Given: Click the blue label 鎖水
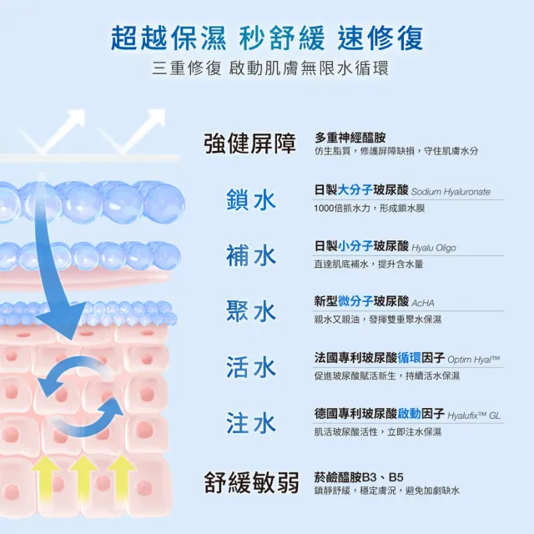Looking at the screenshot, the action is coord(251,199).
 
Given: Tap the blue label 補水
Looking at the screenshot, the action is coord(251,255).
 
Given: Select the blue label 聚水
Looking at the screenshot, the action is coord(251,311).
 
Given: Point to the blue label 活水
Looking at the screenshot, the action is coord(251,367).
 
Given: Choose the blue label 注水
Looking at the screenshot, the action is coord(251,423).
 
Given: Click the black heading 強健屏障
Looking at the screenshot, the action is coord(250,144).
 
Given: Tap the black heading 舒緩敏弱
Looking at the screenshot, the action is coord(251,482).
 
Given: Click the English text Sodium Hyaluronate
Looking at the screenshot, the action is coord(451,192).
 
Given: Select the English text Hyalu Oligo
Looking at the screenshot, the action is coord(434,248).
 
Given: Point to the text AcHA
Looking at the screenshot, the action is coord(423,303).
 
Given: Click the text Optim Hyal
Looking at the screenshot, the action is coord(473,360).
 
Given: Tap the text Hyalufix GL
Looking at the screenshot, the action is coord(474,416).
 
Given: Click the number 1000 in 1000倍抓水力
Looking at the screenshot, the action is coord(324,208).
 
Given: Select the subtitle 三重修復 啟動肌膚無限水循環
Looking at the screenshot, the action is coord(270,68).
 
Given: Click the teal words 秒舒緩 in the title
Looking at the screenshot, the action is coord(282,38).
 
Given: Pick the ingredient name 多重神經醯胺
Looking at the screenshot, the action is coord(350,138).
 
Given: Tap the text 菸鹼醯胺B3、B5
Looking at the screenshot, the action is coord(359,477).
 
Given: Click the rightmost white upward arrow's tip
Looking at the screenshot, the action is coord(164,109).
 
